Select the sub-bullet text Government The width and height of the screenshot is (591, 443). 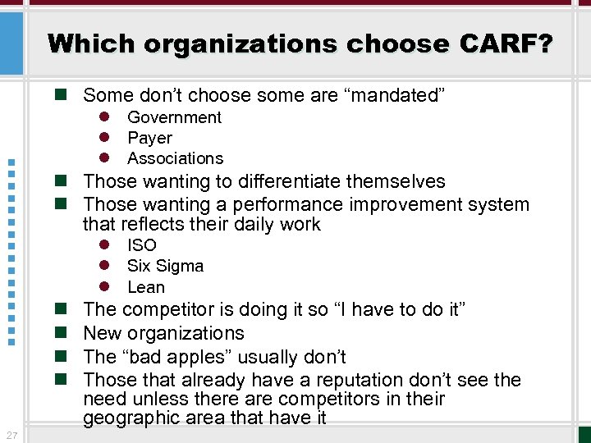click(174, 117)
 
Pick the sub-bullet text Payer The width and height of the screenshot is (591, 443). click(149, 138)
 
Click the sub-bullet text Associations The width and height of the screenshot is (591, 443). click(175, 158)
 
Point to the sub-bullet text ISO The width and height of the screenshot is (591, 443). click(141, 245)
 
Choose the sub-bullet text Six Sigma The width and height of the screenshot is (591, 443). click(165, 266)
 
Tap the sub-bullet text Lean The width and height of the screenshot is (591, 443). click(146, 287)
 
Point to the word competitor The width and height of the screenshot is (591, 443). click(167, 309)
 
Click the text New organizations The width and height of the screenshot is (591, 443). click(163, 333)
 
